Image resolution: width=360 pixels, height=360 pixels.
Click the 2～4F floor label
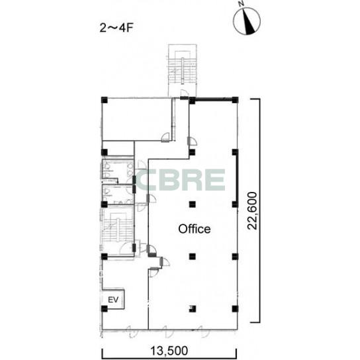pos(116,28)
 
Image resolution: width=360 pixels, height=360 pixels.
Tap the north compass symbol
pos(247,21)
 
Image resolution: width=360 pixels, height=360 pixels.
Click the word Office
pos(195,229)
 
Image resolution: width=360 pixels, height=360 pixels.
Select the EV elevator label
pos(113,300)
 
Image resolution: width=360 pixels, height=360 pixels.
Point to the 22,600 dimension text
pos(252,210)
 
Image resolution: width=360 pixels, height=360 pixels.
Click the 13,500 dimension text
pos(169,351)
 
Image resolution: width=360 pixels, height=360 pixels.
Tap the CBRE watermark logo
pos(180,180)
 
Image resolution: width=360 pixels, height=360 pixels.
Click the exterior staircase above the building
pos(183,70)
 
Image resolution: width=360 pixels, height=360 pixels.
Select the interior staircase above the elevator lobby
pos(117,229)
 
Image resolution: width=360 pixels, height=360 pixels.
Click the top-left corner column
pos(105,100)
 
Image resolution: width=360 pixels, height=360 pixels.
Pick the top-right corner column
pos(235,100)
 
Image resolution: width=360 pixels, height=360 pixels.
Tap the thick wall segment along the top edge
pos(214,99)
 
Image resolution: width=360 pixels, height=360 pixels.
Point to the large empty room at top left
pos(137,119)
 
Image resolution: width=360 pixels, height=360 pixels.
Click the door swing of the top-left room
pos(165,137)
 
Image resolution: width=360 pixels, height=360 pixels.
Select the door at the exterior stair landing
pos(184,94)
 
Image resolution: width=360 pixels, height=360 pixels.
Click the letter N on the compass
pos(241,3)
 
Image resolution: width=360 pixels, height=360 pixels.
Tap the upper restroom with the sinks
pos(118,170)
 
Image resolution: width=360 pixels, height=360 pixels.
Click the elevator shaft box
pos(113,299)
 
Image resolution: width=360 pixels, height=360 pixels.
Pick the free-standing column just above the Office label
pos(192,204)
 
